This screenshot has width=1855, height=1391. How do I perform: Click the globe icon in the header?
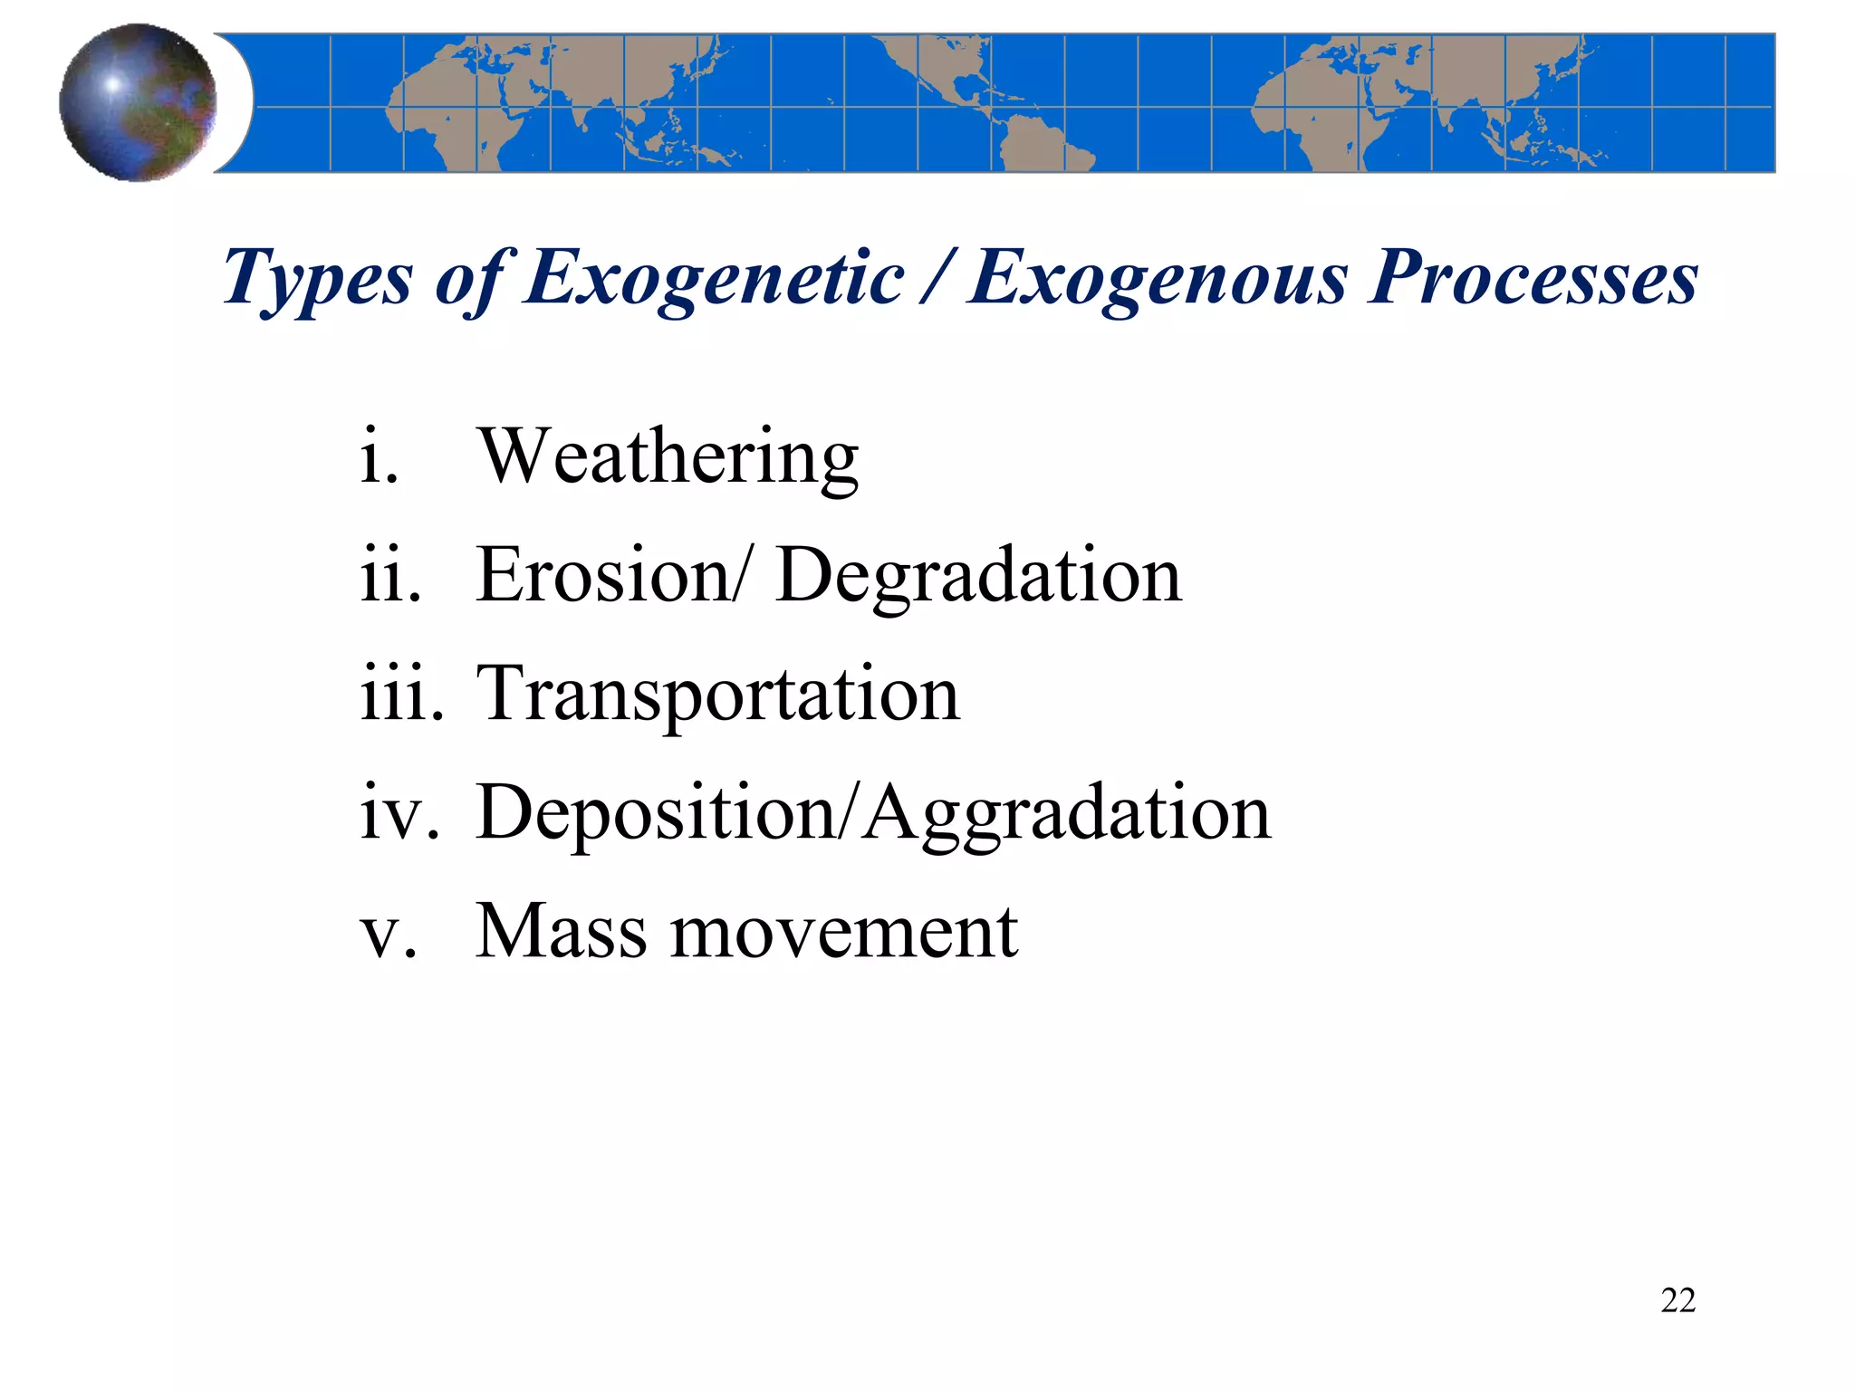(138, 102)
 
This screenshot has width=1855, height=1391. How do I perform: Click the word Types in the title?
(317, 279)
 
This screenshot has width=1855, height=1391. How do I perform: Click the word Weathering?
(668, 456)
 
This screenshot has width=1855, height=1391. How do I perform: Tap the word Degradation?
(978, 576)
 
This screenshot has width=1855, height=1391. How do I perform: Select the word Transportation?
(717, 695)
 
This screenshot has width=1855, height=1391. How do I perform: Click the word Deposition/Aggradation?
(873, 814)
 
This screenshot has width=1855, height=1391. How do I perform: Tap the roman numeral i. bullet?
(379, 456)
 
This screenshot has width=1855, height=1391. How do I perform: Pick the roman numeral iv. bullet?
(399, 812)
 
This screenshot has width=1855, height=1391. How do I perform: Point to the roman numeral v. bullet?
(389, 933)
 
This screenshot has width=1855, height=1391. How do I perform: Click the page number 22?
(1677, 1300)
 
